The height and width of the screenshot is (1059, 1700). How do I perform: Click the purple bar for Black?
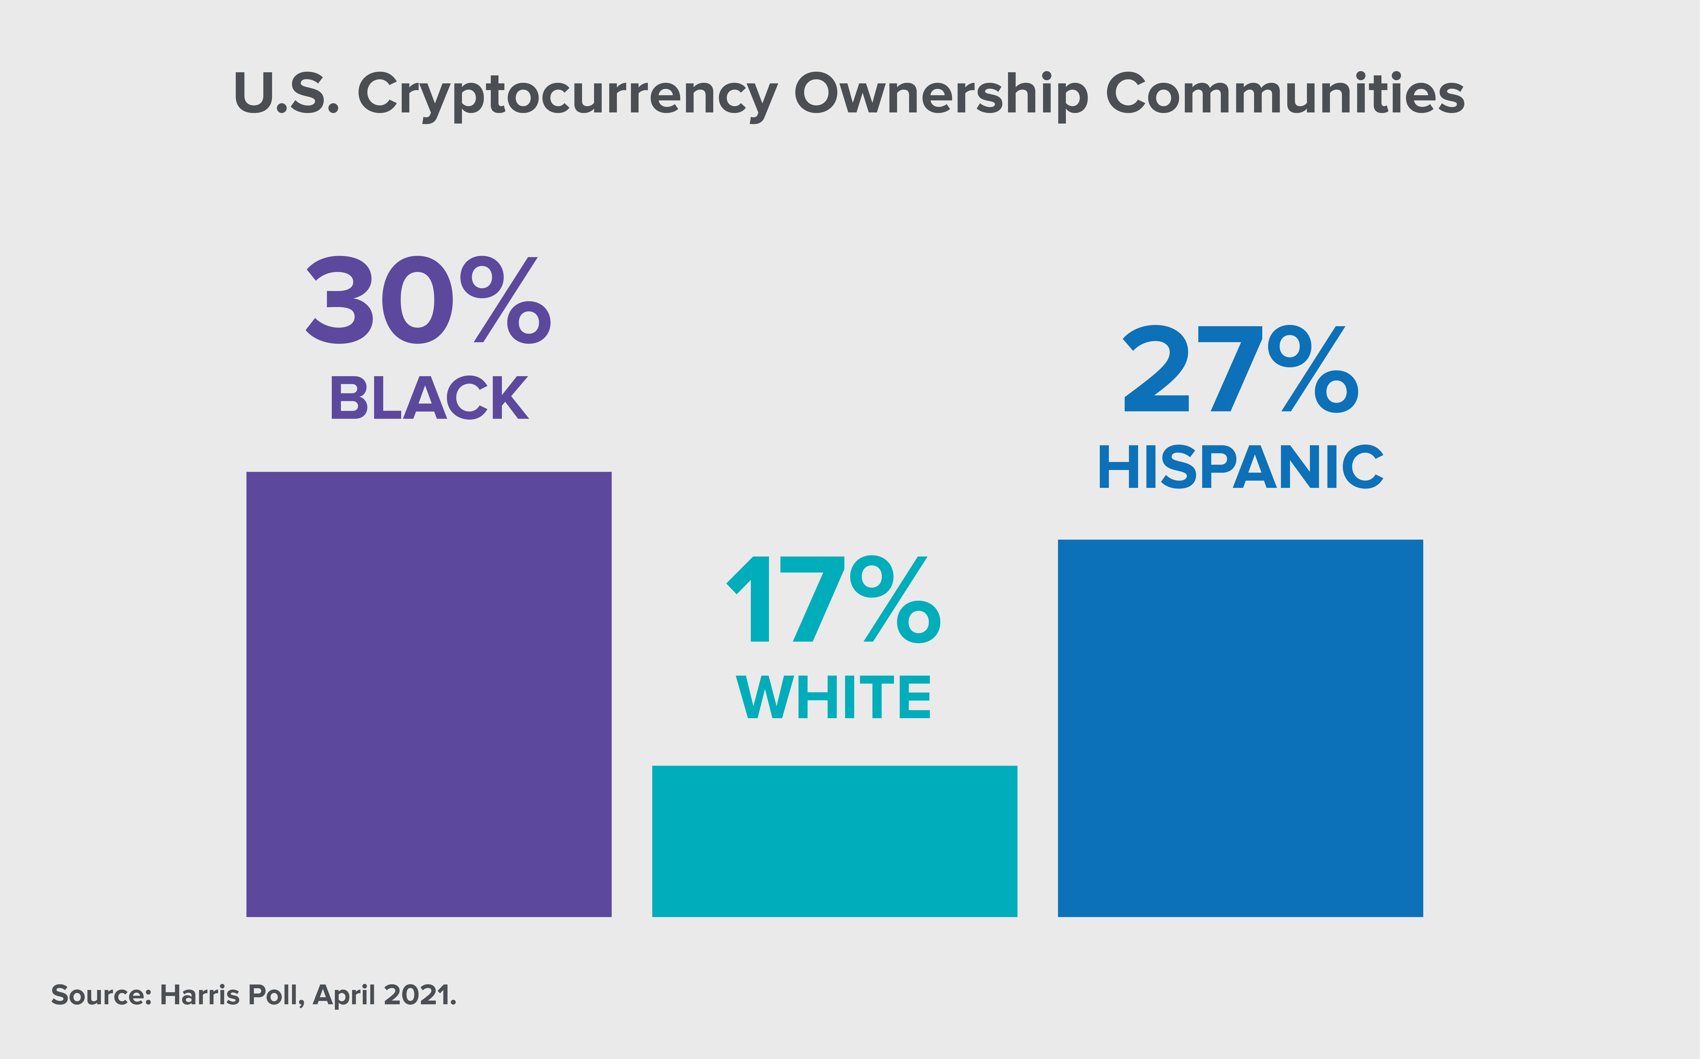(x=429, y=694)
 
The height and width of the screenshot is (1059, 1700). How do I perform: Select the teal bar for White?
(x=834, y=841)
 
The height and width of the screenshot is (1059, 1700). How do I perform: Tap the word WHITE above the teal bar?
(x=834, y=697)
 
